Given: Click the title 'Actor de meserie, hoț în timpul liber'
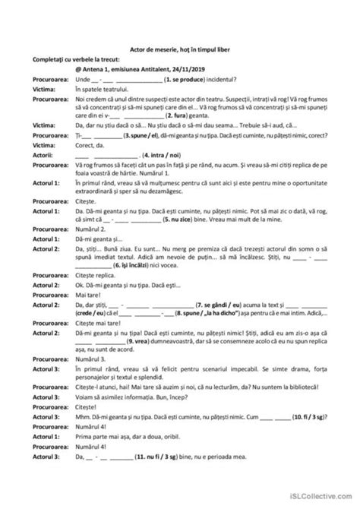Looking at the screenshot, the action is click(x=179, y=49).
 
